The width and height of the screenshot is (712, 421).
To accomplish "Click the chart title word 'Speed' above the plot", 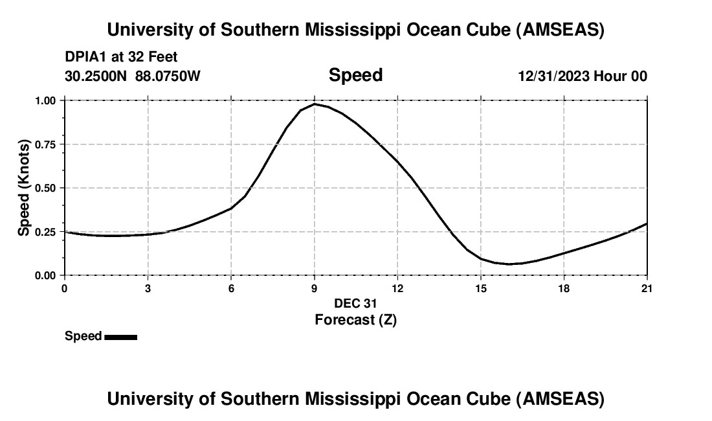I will coord(355,75).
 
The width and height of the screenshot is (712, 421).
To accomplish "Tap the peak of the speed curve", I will coord(315,104).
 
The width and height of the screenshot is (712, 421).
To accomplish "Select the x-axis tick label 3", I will coord(148,288).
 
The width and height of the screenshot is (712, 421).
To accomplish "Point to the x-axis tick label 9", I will coord(315,288).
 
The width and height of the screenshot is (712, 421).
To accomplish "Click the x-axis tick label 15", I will coord(481,288).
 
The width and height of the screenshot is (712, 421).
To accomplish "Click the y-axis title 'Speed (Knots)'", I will coord(24,188).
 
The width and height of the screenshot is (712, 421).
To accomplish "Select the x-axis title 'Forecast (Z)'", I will coord(355,319).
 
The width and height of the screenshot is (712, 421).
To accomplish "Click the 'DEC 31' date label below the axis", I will coord(355,303).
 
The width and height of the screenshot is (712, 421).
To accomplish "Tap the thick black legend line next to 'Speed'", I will coord(120,337).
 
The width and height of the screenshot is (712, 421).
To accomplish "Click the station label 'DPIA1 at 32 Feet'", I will coord(121,58).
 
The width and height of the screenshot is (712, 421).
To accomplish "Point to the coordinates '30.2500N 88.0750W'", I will coord(133,76).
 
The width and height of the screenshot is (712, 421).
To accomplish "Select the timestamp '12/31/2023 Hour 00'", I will coord(582,76).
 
